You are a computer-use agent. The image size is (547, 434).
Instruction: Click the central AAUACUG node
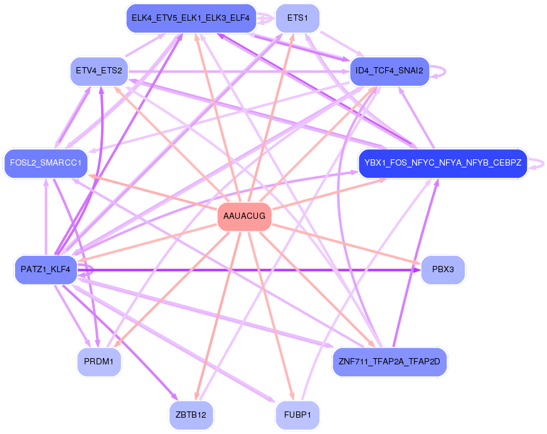pyautogui.click(x=245, y=216)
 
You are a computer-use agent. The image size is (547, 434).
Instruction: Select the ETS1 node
pyautogui.click(x=297, y=18)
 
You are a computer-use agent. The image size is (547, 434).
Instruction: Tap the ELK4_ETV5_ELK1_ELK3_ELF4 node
pyautogui.click(x=191, y=18)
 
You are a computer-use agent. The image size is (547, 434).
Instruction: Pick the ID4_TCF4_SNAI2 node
pyautogui.click(x=389, y=70)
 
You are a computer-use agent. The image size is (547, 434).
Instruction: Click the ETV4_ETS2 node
pyautogui.click(x=98, y=70)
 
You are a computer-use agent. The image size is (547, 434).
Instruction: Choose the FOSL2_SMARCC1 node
pyautogui.click(x=45, y=163)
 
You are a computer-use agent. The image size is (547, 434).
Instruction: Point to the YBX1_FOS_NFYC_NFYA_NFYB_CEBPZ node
pyautogui.click(x=442, y=163)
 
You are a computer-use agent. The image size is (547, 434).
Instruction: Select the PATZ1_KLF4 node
pyautogui.click(x=45, y=270)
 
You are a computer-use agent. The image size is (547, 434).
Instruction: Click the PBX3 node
pyautogui.click(x=443, y=270)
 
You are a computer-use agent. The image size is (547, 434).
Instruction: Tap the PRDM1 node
pyautogui.click(x=98, y=362)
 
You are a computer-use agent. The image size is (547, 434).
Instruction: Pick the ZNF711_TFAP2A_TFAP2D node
pyautogui.click(x=390, y=362)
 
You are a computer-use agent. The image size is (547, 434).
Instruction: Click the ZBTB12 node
pyautogui.click(x=191, y=415)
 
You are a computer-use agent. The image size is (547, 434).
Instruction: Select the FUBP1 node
pyautogui.click(x=297, y=415)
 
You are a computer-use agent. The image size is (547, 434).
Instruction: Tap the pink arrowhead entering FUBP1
pyautogui.click(x=291, y=396)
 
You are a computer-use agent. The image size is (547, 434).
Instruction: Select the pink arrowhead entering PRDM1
pyautogui.click(x=118, y=347)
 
